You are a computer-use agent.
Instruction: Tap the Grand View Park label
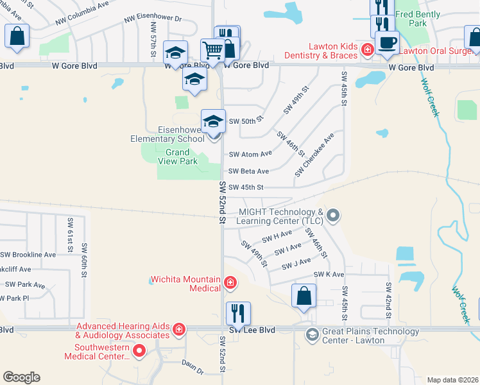click(x=178, y=157)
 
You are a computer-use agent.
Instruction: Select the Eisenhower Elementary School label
click(x=167, y=133)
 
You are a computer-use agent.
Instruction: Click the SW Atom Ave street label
click(x=250, y=154)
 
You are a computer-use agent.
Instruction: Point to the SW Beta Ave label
click(x=249, y=171)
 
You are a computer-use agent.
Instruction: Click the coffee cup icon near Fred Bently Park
click(x=387, y=44)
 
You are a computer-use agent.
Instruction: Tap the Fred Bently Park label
click(x=418, y=19)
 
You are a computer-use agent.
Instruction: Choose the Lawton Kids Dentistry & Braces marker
click(x=366, y=49)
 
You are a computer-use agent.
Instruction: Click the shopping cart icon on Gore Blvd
click(x=212, y=49)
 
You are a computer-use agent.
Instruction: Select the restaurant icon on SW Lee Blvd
click(x=237, y=314)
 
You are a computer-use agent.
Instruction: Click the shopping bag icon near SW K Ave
click(x=304, y=296)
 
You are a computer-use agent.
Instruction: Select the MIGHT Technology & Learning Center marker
click(x=332, y=216)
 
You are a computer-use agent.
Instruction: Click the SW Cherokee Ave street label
click(x=314, y=155)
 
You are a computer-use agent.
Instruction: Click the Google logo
click(x=21, y=377)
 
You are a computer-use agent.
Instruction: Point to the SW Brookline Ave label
click(x=28, y=255)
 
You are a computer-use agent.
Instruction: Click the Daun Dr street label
click(x=192, y=371)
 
